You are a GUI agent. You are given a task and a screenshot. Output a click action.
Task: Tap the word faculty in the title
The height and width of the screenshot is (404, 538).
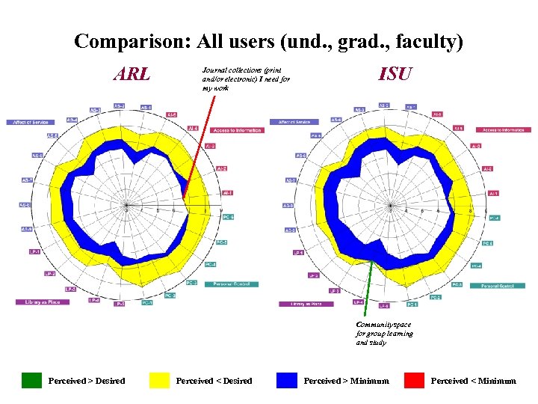click(426, 43)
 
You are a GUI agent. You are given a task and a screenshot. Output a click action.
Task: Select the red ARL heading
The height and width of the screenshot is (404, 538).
click(132, 74)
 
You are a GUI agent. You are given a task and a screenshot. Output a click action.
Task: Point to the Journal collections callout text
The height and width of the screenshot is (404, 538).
click(245, 79)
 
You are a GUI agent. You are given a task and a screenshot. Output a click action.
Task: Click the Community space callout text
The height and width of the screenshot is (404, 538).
click(384, 334)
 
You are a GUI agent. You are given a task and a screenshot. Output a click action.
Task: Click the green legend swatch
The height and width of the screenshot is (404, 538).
click(31, 380)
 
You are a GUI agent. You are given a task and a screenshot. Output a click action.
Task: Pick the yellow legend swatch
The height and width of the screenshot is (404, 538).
click(159, 380)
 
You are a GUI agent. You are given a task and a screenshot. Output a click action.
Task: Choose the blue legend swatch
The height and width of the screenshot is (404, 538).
click(287, 380)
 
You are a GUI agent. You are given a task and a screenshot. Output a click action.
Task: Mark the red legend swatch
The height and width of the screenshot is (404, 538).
click(414, 380)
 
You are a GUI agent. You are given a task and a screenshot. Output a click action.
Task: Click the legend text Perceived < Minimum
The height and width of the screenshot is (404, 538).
click(473, 381)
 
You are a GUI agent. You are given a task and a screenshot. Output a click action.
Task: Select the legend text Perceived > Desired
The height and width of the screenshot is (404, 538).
click(87, 381)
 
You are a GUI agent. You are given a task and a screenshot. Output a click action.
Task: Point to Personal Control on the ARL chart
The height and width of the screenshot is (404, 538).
click(235, 284)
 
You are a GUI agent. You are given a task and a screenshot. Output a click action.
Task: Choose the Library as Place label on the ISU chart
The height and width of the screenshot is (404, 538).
click(306, 304)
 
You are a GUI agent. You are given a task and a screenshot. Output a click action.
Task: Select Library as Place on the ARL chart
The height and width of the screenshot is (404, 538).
click(43, 302)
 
